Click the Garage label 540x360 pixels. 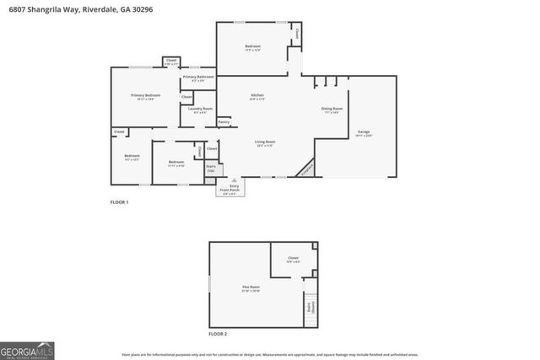pos(364,132)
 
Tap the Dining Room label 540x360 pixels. pos(332,110)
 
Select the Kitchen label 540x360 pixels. pos(257,97)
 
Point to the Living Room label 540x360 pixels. pos(265,142)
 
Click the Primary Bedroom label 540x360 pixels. pos(145,96)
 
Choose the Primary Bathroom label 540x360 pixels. pos(198,78)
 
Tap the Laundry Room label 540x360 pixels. pos(200,110)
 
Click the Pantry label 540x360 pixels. pos(224,122)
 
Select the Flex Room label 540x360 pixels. pos(251,288)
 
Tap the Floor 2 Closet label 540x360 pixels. pos(293,258)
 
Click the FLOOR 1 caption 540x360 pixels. pos(120,203)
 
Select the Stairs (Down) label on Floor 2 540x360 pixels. pos(310,308)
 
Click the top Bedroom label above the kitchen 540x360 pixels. pos(253,46)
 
